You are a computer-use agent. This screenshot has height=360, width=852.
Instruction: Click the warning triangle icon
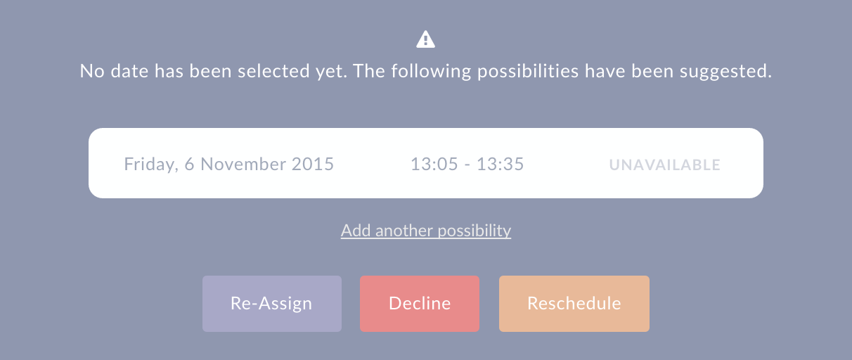coord(425,39)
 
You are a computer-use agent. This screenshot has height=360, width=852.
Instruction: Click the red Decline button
coord(420,304)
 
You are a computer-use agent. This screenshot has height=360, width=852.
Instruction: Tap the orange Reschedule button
coord(574,304)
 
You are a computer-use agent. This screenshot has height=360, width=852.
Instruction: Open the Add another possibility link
coord(425,231)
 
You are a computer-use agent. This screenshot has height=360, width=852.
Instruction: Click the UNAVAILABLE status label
coord(665,165)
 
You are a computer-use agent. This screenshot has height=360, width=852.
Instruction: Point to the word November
coord(243,164)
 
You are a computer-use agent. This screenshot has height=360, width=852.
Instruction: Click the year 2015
coord(313,164)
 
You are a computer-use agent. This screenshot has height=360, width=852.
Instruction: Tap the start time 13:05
coord(434,164)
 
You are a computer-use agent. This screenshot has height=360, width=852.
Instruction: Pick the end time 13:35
coord(501,164)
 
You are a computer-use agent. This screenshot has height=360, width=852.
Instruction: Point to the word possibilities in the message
coord(528,72)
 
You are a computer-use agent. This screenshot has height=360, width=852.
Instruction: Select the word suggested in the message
coord(725,72)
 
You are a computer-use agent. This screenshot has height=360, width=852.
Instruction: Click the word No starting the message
coord(92,71)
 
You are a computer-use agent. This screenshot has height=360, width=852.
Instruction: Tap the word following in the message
coord(431,72)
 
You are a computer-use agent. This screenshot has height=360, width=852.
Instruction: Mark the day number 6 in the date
coord(189,164)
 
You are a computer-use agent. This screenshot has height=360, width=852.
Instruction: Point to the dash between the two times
coord(467,165)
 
